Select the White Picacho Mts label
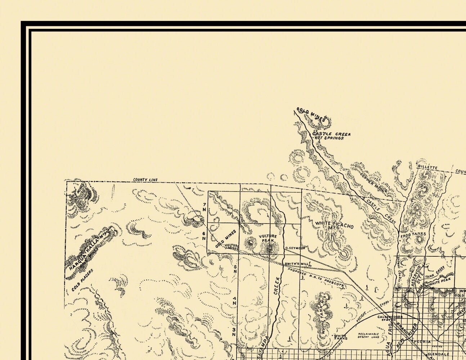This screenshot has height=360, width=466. (x=334, y=225)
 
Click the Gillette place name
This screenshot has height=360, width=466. (x=427, y=168)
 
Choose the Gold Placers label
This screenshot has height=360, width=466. (x=82, y=280)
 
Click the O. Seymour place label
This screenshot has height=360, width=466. (x=295, y=248)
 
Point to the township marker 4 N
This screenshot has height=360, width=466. (x=234, y=301)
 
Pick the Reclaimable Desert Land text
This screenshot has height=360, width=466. (x=368, y=336)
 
